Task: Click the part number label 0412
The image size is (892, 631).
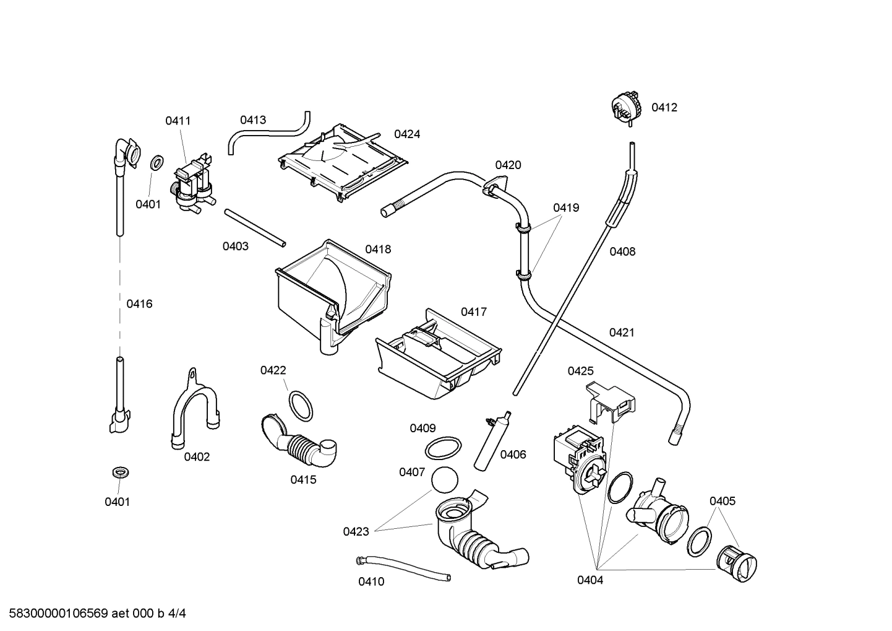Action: pos(664,108)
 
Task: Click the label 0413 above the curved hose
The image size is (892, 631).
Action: pos(253,120)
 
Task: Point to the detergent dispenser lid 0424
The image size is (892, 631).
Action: pos(341,160)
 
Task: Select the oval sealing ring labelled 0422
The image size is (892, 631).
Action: pos(301,406)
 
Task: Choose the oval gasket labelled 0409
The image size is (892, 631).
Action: pos(444,448)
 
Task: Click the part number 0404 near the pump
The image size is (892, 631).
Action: pos(590,580)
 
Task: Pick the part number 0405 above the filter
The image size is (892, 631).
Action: pos(722,501)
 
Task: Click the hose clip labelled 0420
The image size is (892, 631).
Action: pos(494,186)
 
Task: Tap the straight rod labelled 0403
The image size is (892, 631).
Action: pos(255,228)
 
